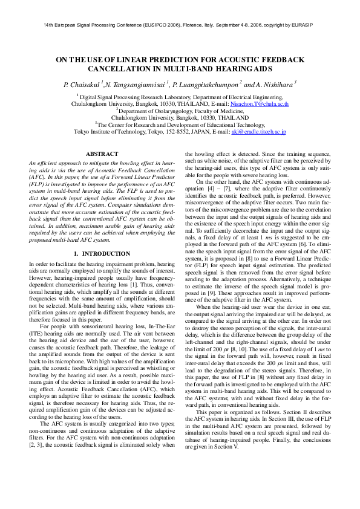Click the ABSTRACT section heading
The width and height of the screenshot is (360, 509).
click(x=102, y=155)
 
